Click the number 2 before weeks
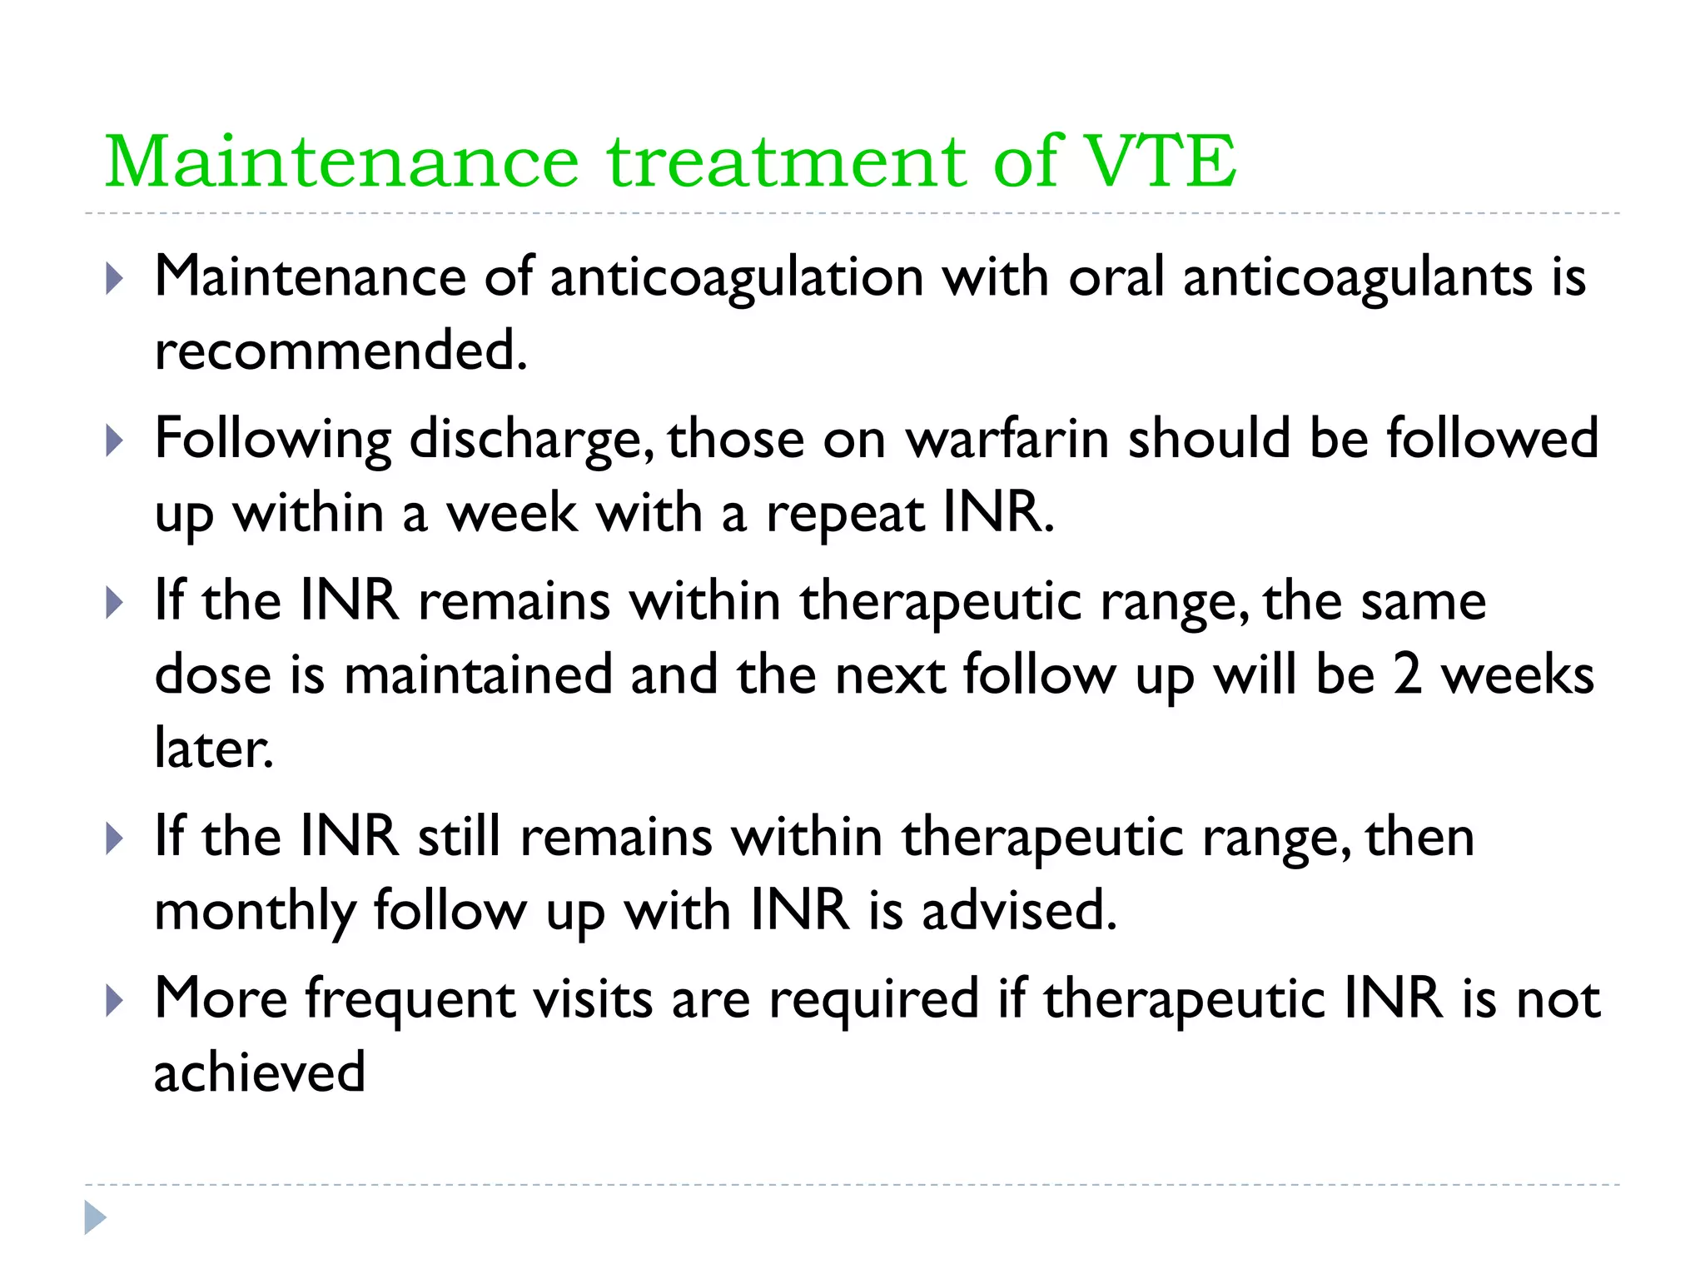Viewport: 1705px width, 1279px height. click(x=1407, y=674)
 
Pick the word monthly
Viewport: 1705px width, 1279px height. click(x=255, y=911)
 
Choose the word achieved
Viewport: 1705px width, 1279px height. click(x=260, y=1072)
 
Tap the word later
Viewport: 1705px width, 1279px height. click(x=214, y=748)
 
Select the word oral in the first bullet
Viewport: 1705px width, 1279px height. click(x=1116, y=276)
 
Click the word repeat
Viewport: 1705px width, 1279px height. click(x=844, y=513)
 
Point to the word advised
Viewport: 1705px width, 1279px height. click(x=1019, y=910)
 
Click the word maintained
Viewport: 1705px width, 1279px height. click(x=478, y=674)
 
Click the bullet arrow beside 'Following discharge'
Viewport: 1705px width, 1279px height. click(x=115, y=440)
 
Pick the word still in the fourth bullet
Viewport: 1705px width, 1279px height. click(x=460, y=837)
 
